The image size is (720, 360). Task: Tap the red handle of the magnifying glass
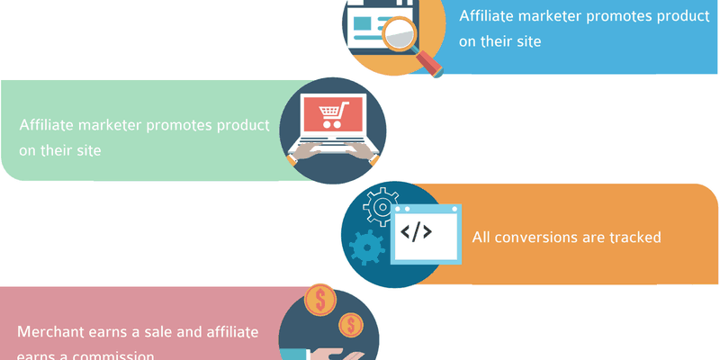[430, 63]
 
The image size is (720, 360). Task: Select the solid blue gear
[367, 245]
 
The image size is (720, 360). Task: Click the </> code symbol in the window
[416, 232]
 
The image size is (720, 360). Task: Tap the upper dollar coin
[319, 300]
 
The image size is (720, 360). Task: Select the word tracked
[634, 238]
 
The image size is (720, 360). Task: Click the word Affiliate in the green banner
[46, 125]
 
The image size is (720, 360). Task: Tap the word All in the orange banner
[482, 238]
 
